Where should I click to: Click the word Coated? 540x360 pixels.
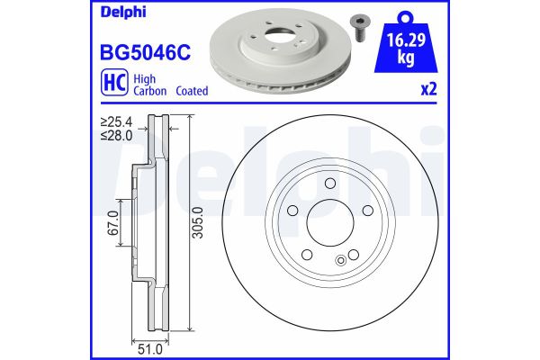click(192, 92)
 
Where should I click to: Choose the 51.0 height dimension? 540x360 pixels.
click(148, 345)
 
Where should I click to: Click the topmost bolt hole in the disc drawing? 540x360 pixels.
click(329, 184)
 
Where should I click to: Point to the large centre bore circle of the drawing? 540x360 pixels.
click(329, 224)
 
